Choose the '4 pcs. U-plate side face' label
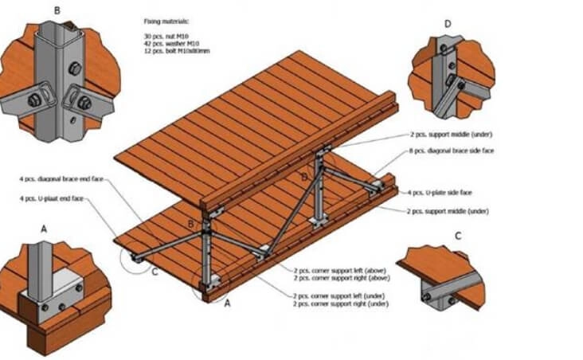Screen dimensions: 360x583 pos(440,192)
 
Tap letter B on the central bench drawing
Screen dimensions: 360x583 pos(190,224)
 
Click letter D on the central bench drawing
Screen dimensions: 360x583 pos(303,175)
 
